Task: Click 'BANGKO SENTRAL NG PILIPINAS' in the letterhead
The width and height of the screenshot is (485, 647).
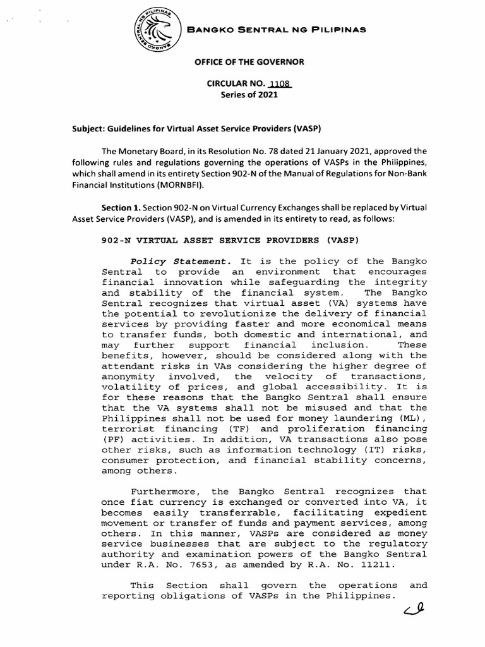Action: tap(275, 30)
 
